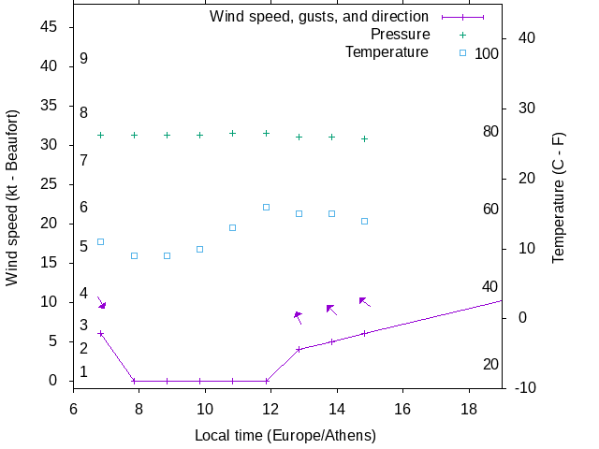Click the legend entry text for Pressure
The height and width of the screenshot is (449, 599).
click(x=399, y=35)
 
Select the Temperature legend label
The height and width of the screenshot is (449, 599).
click(x=387, y=52)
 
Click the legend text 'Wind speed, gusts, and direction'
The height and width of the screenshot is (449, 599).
click(x=318, y=17)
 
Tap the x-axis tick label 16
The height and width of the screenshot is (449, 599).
click(x=402, y=409)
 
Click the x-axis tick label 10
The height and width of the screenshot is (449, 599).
click(x=204, y=409)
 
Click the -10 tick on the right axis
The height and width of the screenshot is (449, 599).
click(x=525, y=387)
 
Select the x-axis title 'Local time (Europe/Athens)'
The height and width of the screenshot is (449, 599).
click(x=285, y=435)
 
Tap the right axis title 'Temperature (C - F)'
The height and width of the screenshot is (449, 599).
click(x=558, y=197)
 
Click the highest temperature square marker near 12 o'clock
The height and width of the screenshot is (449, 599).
click(x=266, y=207)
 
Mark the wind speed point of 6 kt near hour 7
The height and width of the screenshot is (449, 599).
click(x=100, y=333)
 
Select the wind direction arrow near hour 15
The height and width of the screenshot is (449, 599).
click(x=365, y=302)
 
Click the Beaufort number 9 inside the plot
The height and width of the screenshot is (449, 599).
click(x=83, y=59)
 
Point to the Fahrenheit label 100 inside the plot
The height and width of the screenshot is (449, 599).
click(x=487, y=54)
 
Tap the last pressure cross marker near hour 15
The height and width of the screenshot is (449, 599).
click(x=364, y=138)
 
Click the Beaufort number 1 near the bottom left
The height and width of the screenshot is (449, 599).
click(x=83, y=371)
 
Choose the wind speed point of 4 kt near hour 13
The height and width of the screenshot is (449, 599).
click(x=299, y=349)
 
